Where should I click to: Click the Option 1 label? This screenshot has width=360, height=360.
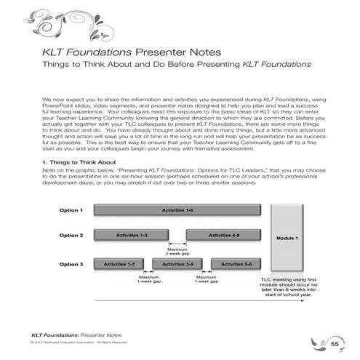[x=71, y=210]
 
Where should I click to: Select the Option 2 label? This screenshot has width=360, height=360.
[x=71, y=236]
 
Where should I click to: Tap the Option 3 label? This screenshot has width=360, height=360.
[x=71, y=263]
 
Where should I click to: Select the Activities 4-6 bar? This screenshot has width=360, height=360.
[x=224, y=236]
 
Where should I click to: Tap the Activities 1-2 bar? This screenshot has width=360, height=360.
[x=119, y=263]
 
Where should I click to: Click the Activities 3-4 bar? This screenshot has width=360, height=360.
[x=178, y=263]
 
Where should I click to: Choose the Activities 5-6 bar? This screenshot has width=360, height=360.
[x=238, y=263]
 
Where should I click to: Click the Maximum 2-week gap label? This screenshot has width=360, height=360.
[x=177, y=252]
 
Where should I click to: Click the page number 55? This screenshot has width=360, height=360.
[x=335, y=343]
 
